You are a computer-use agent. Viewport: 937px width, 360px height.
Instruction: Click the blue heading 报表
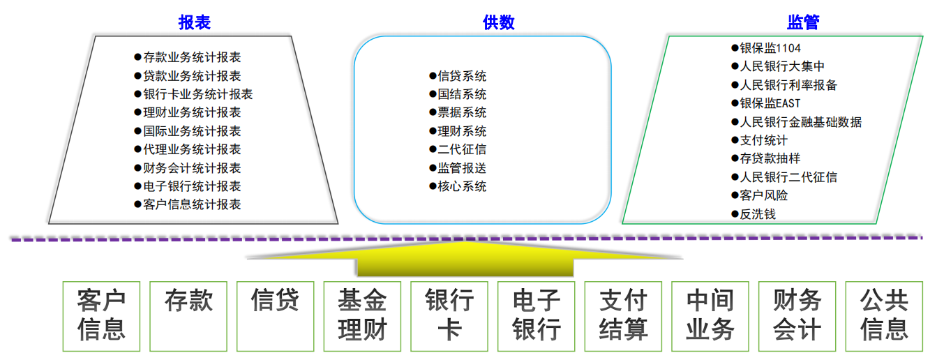195,22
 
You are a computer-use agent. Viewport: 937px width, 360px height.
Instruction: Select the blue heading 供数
499,22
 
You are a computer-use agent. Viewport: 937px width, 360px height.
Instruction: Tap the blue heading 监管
803,22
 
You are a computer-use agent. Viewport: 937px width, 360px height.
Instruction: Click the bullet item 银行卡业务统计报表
193,94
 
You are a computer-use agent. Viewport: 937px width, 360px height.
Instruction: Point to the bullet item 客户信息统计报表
188,204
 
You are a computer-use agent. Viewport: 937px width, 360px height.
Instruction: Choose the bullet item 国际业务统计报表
188,131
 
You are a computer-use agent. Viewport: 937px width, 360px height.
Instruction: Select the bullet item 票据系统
458,112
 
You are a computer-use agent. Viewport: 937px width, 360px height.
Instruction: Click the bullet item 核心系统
458,186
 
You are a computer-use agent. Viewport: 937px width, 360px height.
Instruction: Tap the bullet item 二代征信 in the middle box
458,149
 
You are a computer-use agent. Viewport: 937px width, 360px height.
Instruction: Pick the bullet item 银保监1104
766,48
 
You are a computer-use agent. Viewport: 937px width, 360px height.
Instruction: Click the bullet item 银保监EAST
766,103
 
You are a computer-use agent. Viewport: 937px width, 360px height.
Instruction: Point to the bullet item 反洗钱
754,214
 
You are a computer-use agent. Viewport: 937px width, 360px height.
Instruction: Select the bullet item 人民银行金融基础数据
797,122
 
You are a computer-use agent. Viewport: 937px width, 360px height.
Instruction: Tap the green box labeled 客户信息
101,317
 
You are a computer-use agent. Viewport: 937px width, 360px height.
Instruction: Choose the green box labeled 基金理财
362,317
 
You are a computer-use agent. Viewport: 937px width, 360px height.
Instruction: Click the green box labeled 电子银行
537,317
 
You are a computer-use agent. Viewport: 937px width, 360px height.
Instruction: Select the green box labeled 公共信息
884,317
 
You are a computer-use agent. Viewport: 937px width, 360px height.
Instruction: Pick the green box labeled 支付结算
623,317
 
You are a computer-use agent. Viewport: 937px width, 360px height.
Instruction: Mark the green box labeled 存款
188,317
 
